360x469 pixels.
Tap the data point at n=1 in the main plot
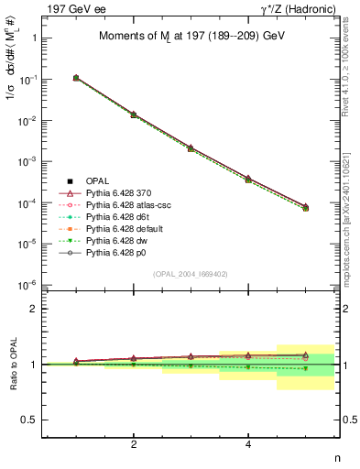pos(76,78)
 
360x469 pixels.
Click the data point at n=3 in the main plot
pos(191,147)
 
